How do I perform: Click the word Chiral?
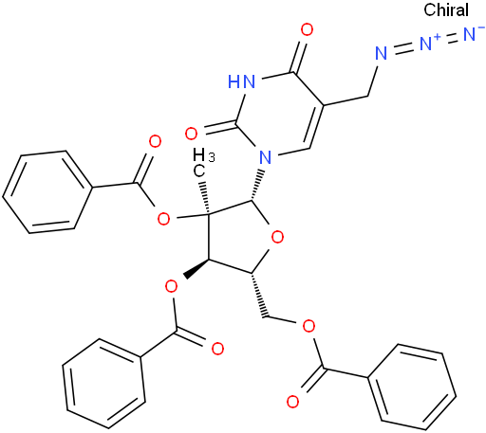point(446,9)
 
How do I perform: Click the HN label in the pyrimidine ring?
point(241,81)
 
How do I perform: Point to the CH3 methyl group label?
point(202,163)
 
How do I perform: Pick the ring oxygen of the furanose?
point(277,237)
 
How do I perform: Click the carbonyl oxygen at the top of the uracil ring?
point(307,30)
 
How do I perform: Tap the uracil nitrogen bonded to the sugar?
point(265,157)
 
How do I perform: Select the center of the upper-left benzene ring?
point(47,192)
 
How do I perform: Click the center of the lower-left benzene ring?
point(104,384)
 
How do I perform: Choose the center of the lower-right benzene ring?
point(411,383)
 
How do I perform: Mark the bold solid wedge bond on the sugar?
point(196,268)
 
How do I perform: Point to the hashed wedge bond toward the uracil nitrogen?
point(257,186)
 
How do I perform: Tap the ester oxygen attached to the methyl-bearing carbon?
point(163,218)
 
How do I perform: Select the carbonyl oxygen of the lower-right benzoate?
point(292,402)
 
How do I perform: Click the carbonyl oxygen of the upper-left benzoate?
point(155,142)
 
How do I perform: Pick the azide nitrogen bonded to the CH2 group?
point(382,54)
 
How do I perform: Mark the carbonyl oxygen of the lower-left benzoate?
point(217,349)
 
